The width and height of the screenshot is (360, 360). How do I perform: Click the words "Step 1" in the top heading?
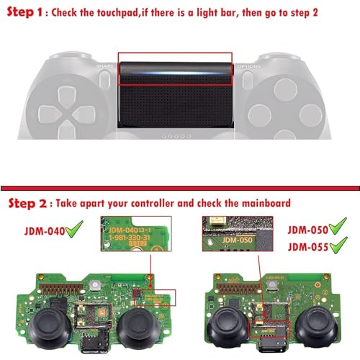(28, 13)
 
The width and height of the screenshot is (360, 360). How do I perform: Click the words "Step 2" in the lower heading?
(30, 204)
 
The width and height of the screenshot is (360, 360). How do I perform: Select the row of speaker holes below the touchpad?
(176, 135)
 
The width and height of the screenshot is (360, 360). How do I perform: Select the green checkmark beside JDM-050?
(336, 230)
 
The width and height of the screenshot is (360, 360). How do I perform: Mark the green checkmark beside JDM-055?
(336, 247)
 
